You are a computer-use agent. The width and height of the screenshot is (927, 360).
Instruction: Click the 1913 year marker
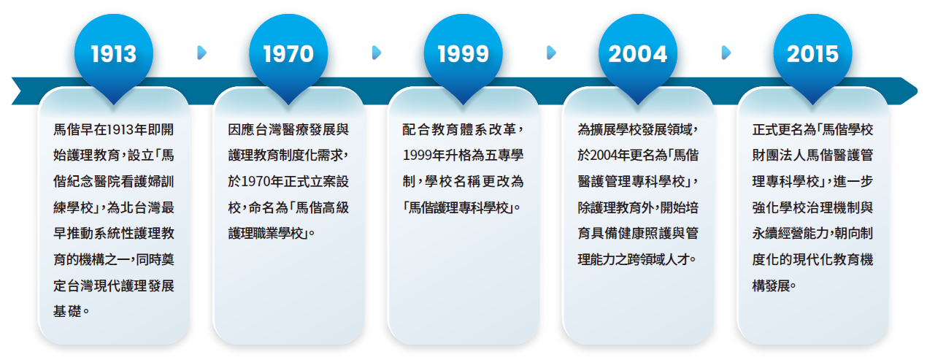tap(114, 55)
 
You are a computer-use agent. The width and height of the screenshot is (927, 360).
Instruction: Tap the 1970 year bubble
tap(288, 55)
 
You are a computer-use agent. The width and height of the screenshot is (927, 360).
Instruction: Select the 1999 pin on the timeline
tap(463, 55)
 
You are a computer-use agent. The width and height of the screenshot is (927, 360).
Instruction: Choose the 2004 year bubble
tap(638, 55)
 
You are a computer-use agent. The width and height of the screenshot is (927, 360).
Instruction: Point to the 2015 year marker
tap(813, 55)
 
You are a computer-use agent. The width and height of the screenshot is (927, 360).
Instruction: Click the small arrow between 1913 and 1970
tap(202, 53)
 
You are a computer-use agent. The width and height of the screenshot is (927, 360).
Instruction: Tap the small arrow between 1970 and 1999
tap(377, 53)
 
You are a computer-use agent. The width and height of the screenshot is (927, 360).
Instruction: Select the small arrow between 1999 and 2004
tap(551, 53)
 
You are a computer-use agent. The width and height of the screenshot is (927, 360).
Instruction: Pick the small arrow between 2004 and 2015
tap(726, 53)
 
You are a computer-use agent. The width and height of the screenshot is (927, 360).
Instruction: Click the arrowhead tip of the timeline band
tap(918, 91)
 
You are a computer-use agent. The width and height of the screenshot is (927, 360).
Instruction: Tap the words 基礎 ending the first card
tap(67, 311)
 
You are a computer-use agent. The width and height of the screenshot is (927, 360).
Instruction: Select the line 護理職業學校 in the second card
tap(268, 234)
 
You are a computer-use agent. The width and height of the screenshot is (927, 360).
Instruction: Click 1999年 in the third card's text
tap(423, 156)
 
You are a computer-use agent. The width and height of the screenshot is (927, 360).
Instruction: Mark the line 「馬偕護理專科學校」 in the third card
tap(458, 207)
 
